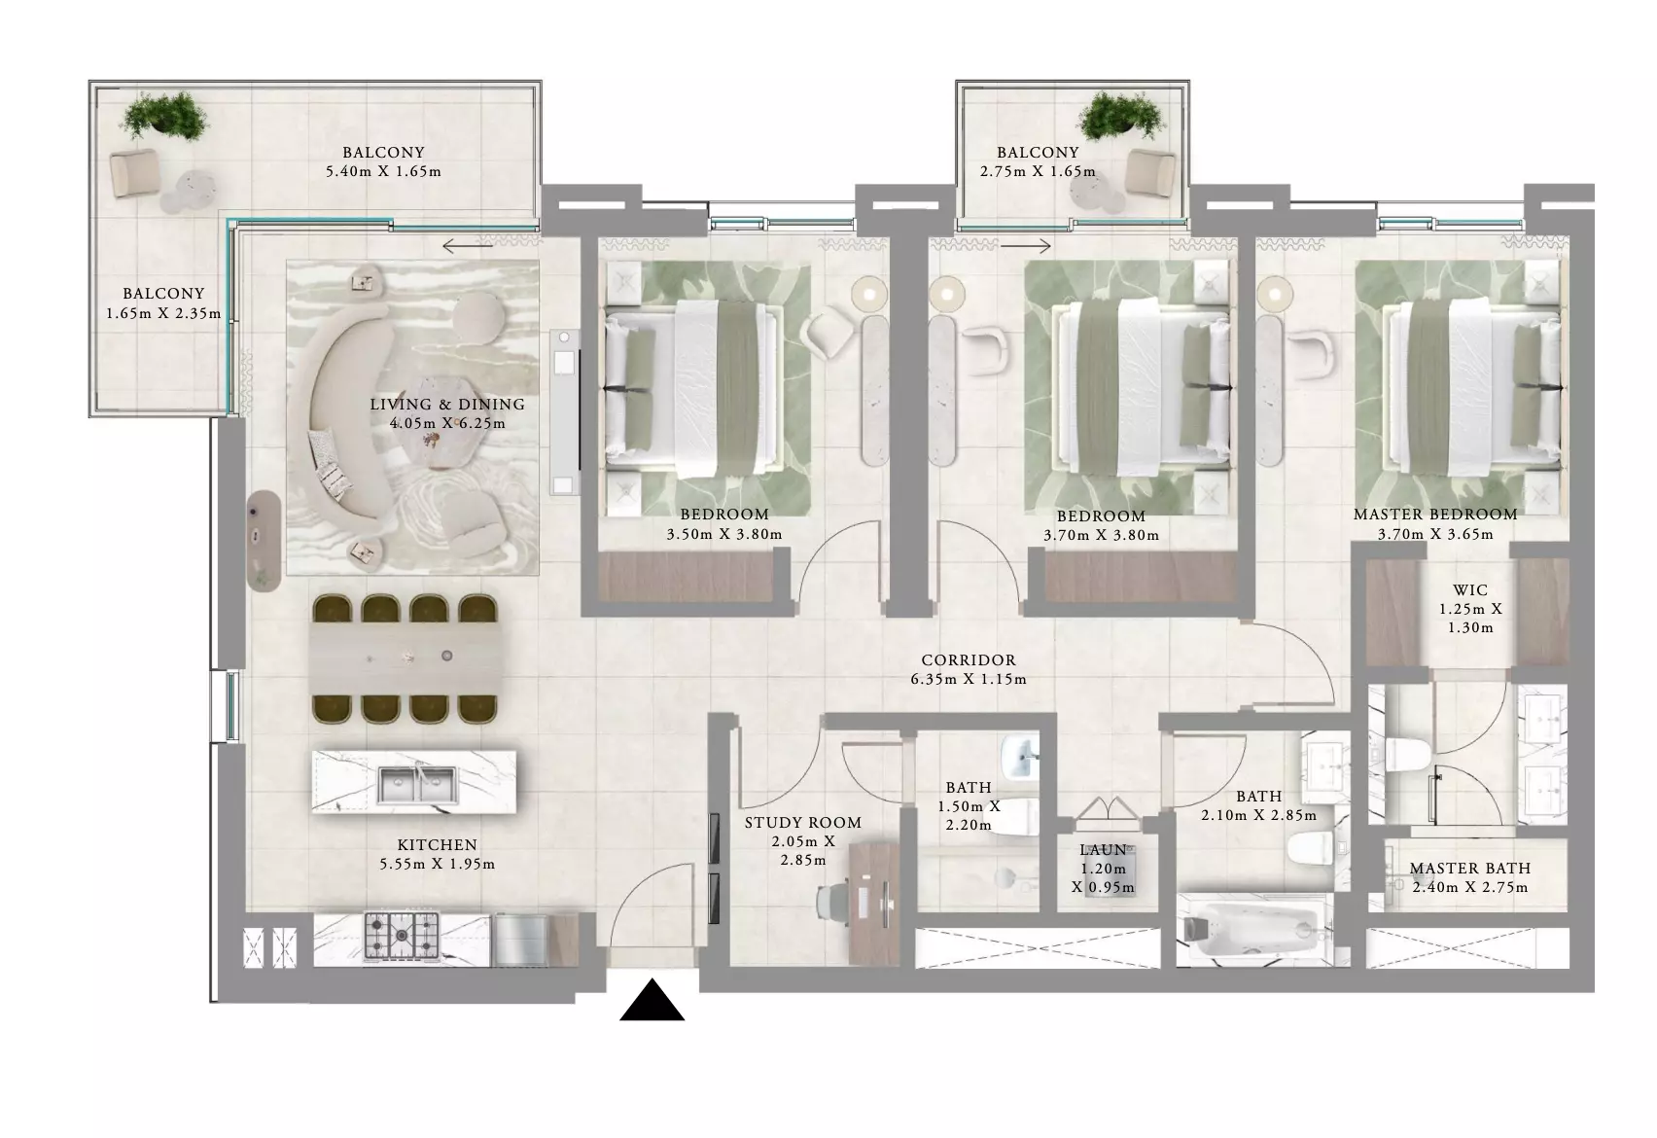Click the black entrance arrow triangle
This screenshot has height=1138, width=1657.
coord(652,1001)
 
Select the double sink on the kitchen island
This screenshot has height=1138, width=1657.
coord(416,785)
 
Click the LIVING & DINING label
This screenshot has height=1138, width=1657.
coord(447,404)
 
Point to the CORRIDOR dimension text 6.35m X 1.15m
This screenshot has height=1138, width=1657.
coord(969,679)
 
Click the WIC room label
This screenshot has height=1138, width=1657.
coord(1470,590)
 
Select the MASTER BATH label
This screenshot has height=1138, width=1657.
coord(1470,868)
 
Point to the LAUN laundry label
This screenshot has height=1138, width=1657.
coord(1103,850)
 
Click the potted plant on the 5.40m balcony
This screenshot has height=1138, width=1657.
coord(164,116)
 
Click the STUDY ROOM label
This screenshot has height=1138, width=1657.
coord(802,822)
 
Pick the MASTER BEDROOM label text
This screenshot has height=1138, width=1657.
coord(1435,515)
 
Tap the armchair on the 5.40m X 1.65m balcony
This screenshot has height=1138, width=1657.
coord(134,173)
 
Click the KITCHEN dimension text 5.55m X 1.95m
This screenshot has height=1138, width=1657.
coord(438,864)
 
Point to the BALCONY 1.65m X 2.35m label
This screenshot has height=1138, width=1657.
coord(163,303)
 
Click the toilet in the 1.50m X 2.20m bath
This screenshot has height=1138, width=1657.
coord(1015,817)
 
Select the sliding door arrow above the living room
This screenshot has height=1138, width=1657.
coord(469,246)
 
